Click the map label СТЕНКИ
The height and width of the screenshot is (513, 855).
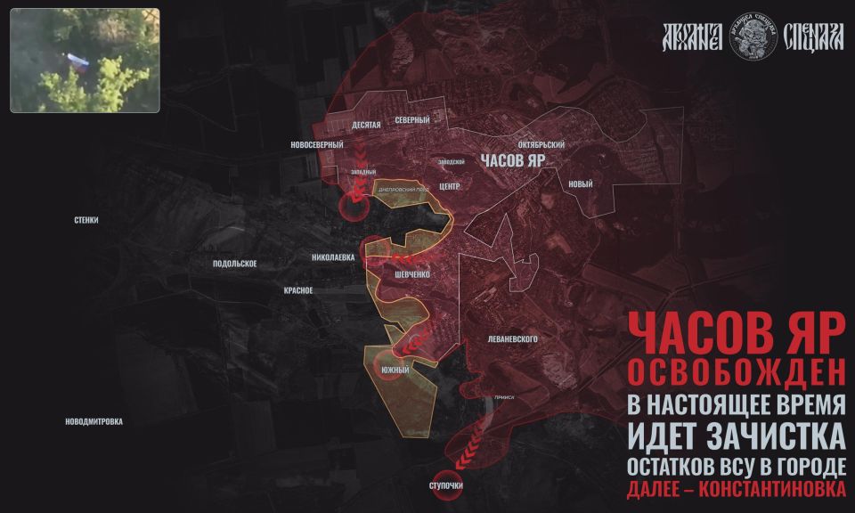point(86,219)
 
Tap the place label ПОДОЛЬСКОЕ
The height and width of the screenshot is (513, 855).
point(235,264)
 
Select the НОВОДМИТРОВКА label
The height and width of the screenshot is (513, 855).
point(94,421)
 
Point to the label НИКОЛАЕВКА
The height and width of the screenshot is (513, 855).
point(333,257)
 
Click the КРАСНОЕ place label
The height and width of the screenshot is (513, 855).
point(297,290)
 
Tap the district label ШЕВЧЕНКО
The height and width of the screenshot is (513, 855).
point(412,275)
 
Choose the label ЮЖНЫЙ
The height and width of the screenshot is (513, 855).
point(395,370)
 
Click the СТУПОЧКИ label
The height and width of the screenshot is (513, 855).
point(445,485)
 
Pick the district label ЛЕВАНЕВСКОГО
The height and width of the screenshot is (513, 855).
point(512,339)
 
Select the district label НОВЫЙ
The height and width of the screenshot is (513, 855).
point(580,184)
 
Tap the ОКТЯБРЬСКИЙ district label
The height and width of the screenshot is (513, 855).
point(541,144)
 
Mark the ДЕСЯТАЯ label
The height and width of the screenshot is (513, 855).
point(366,126)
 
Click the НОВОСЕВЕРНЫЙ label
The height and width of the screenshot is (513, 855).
point(317,145)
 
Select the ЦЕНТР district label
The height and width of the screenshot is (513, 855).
point(449,187)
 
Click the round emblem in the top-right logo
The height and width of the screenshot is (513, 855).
point(753,37)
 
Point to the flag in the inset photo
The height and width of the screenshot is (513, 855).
point(76,61)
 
